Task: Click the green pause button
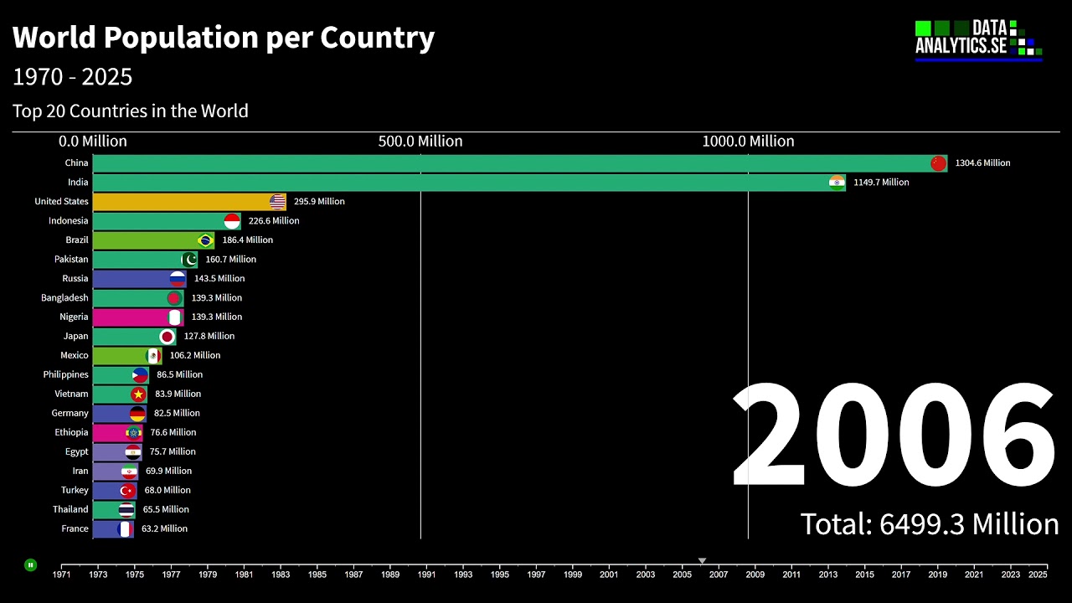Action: pyautogui.click(x=30, y=565)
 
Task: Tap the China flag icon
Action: pyautogui.click(x=938, y=163)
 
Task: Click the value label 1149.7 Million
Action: pyautogui.click(x=881, y=183)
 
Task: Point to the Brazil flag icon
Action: pyautogui.click(x=204, y=240)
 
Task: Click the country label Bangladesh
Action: pyautogui.click(x=64, y=298)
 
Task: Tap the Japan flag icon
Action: pyautogui.click(x=167, y=337)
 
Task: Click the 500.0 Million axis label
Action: pyautogui.click(x=420, y=142)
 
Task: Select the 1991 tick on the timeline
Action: pyautogui.click(x=426, y=575)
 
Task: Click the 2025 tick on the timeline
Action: pyautogui.click(x=1038, y=575)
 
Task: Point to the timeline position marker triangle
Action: pyautogui.click(x=702, y=561)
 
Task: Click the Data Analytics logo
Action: pyautogui.click(x=978, y=40)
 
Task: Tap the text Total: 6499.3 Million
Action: pyautogui.click(x=930, y=524)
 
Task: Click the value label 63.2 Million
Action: pyautogui.click(x=164, y=529)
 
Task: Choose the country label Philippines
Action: pyautogui.click(x=66, y=375)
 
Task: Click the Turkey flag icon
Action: pyautogui.click(x=126, y=491)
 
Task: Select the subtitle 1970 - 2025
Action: pyautogui.click(x=73, y=77)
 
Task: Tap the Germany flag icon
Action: pyautogui.click(x=137, y=414)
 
